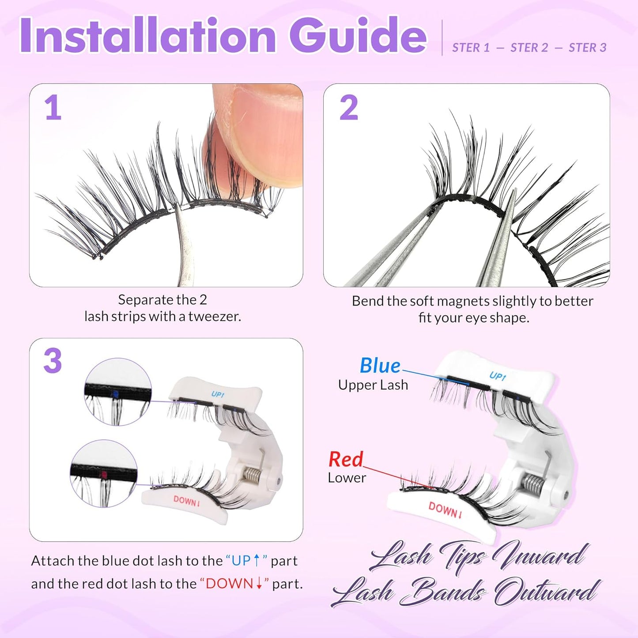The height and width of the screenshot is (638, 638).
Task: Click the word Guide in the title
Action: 358,36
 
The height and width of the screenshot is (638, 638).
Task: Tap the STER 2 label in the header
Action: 529,48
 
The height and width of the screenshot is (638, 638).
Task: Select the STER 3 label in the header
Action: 587,48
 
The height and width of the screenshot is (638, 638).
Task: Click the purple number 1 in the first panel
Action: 53,108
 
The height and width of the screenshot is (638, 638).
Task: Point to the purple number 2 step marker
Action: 348,108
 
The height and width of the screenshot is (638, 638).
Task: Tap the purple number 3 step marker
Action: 53,361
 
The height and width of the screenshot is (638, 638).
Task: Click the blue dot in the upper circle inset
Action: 116,393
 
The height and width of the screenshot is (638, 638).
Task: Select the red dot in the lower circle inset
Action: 104,475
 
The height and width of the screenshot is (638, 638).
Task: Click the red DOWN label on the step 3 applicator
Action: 187,501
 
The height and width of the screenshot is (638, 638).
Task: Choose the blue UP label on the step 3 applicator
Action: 218,394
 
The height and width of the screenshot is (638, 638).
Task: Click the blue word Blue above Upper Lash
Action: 380,366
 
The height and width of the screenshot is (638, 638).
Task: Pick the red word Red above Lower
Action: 346,460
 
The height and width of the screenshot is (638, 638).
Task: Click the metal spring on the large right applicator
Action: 533,482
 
